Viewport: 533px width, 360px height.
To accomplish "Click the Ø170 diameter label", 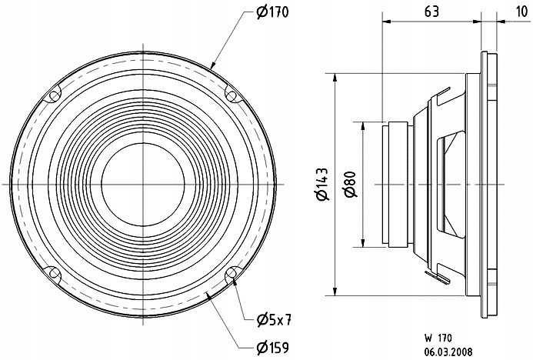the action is pyautogui.click(x=272, y=12).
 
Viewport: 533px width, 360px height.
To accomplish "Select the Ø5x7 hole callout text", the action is pyautogui.click(x=274, y=319).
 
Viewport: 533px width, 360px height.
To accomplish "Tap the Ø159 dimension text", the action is pyautogui.click(x=272, y=348).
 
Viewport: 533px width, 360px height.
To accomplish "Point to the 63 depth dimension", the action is pyautogui.click(x=431, y=12).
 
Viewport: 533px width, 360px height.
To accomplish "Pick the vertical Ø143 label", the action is pyautogui.click(x=322, y=184).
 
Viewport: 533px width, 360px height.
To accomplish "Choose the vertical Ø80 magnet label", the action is pyautogui.click(x=351, y=184).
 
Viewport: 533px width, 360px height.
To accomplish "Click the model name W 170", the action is pyautogui.click(x=438, y=338).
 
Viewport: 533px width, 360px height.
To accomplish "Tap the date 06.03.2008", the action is pyautogui.click(x=448, y=352).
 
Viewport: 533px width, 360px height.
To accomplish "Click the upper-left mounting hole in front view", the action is pyautogui.click(x=55, y=96).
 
